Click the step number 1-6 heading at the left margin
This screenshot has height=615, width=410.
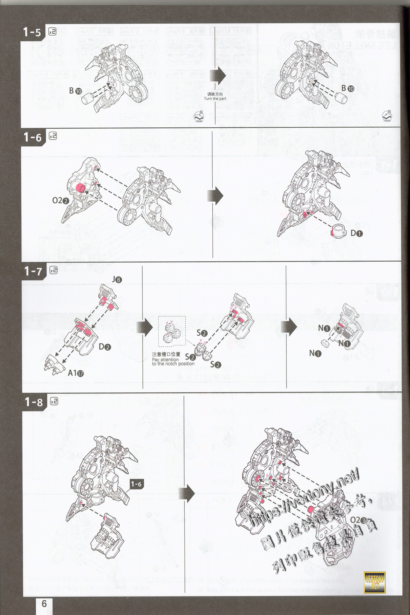tap(33, 137)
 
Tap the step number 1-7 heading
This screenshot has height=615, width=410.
tap(33, 271)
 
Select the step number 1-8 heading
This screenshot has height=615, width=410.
tap(34, 402)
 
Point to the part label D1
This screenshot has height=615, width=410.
tap(356, 233)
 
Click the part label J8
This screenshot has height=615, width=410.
tap(117, 280)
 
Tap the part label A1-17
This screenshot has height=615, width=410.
tap(76, 373)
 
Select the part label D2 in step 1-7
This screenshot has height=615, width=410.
tap(105, 347)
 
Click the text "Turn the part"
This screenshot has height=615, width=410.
tap(215, 99)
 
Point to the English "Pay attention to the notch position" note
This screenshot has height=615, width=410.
tap(173, 362)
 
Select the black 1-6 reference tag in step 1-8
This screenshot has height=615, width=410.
tap(136, 484)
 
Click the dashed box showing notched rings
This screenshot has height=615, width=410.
tap(171, 332)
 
